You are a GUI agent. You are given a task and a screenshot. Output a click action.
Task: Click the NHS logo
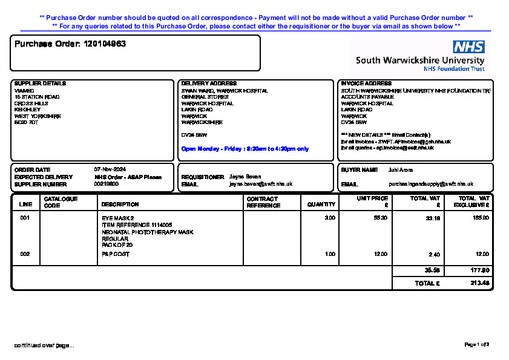468,47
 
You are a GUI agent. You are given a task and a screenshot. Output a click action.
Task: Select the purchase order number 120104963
105,44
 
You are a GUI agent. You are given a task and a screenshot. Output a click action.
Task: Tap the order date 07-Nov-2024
110,169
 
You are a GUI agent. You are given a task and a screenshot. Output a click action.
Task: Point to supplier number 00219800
107,184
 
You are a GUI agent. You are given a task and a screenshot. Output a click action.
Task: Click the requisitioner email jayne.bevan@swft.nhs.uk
261,184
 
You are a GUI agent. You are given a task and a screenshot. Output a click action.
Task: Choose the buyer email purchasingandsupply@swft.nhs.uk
431,184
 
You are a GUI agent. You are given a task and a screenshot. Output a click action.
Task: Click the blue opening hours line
245,149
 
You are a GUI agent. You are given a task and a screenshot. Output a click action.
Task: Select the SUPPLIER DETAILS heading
40,83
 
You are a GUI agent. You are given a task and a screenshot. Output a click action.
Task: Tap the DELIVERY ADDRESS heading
209,83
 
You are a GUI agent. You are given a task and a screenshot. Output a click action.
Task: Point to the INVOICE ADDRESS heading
366,83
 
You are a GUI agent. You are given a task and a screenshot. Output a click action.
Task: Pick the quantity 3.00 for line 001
330,218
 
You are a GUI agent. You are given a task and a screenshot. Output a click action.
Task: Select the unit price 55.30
381,218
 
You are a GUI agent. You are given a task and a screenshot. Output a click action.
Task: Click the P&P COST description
116,255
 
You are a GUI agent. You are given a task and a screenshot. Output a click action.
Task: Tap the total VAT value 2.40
434,255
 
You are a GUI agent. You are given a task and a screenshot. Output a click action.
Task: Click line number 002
25,255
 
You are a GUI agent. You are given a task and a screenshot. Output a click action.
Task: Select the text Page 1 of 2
476,345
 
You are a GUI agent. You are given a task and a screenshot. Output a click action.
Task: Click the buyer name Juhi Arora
401,170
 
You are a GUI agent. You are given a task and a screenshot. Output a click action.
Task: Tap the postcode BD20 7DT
26,123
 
